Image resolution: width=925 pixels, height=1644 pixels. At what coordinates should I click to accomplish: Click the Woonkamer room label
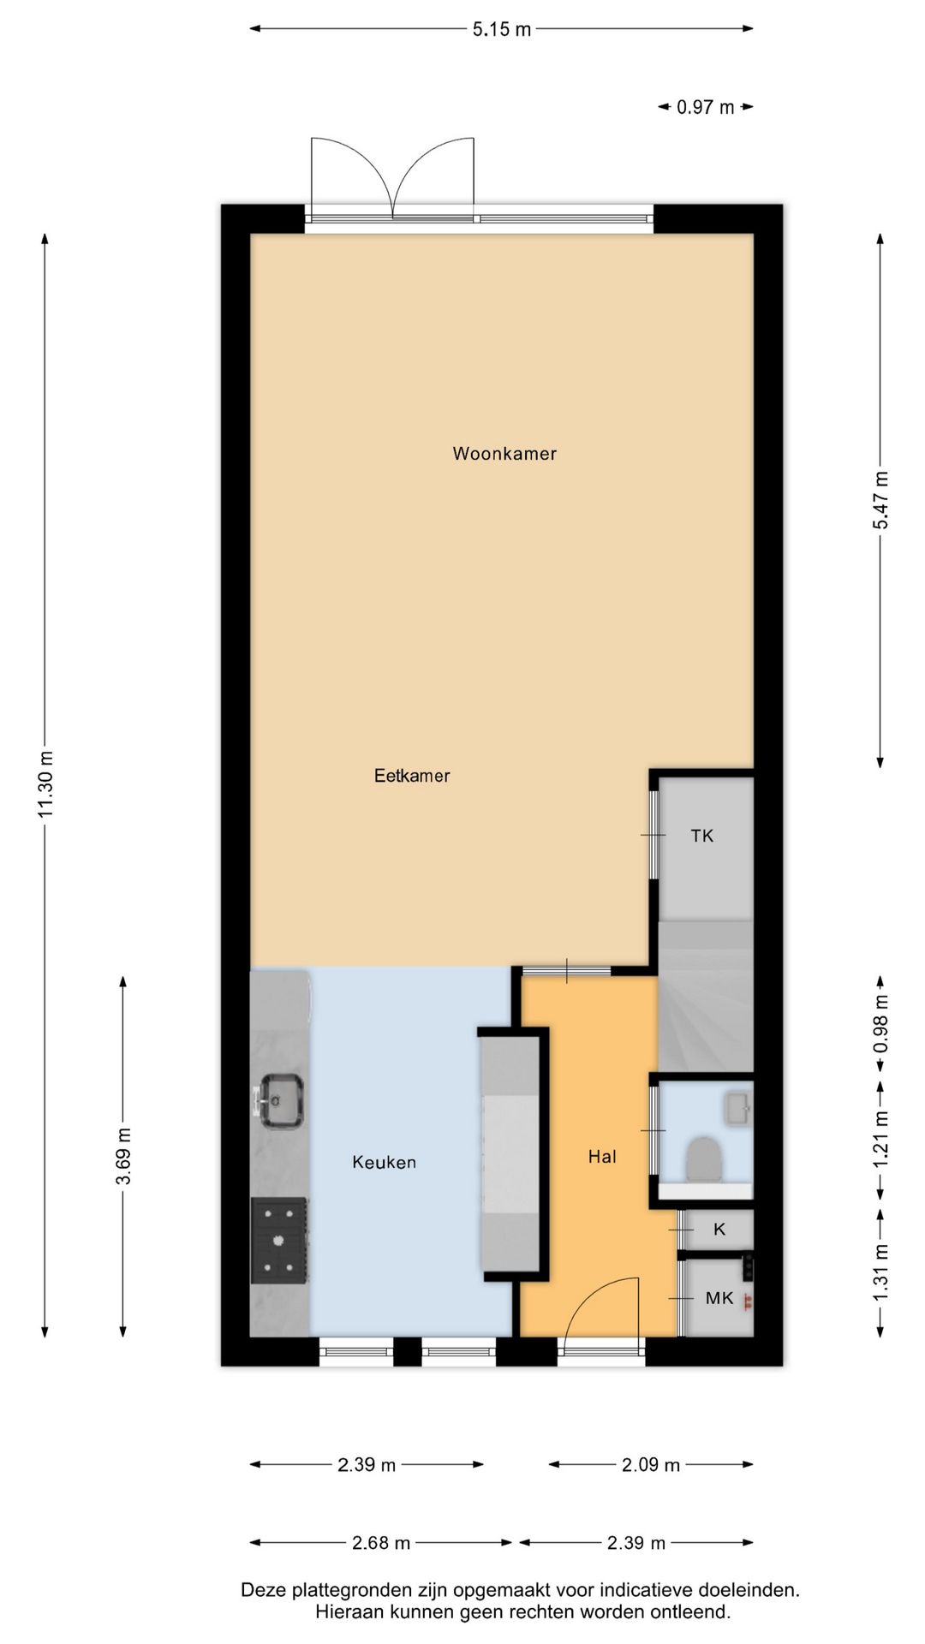click(504, 454)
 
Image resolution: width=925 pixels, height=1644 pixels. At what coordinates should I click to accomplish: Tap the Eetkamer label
click(412, 776)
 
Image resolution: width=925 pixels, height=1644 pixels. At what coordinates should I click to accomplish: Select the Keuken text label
click(385, 1162)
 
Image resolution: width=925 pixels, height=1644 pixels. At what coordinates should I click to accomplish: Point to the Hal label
click(602, 1157)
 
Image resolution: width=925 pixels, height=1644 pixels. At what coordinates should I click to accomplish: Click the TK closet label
click(702, 836)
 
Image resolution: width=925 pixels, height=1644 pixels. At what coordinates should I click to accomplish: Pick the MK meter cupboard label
click(719, 1298)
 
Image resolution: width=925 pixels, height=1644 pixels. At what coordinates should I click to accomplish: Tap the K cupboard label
click(719, 1230)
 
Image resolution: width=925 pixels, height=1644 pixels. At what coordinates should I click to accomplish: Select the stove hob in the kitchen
click(279, 1240)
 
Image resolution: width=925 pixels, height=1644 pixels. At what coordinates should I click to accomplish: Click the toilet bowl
click(704, 1159)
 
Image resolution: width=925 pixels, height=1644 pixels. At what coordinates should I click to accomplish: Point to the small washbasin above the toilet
click(737, 1108)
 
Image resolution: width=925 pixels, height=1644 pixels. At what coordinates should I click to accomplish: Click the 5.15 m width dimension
click(502, 29)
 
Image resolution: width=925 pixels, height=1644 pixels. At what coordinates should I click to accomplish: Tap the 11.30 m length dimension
click(45, 784)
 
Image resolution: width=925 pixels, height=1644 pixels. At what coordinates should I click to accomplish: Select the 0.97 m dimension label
click(706, 107)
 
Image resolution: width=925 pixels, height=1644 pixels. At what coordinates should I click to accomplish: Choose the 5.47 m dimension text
click(880, 500)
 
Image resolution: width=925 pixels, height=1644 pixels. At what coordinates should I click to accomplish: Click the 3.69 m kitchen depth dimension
click(123, 1157)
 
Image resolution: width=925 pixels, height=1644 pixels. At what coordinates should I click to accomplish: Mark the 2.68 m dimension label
click(381, 1543)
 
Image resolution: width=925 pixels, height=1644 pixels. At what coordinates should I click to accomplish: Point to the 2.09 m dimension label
click(651, 1465)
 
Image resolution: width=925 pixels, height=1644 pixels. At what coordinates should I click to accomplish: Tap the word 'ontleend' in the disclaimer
click(695, 1612)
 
